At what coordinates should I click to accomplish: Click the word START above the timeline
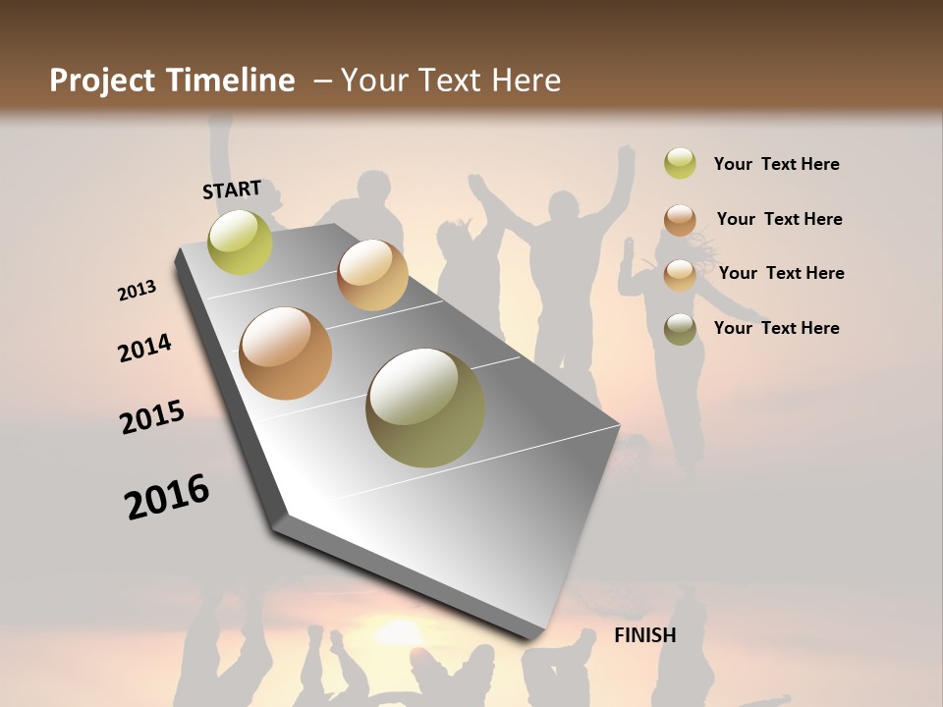[232, 190]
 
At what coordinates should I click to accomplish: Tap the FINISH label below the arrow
[644, 635]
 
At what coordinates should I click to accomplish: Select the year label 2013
[137, 291]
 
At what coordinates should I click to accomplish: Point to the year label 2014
[144, 348]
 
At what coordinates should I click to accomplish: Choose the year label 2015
[152, 416]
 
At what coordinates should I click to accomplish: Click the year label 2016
[167, 496]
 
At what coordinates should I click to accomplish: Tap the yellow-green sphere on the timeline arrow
[240, 242]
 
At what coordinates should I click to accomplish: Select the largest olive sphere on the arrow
[425, 408]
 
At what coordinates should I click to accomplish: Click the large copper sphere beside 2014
[285, 353]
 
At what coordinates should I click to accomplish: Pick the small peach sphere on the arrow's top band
[372, 275]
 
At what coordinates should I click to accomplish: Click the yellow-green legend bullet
[680, 164]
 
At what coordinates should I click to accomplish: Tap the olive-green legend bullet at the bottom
[680, 329]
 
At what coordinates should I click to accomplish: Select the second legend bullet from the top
[680, 220]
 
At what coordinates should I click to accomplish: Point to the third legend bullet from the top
[680, 275]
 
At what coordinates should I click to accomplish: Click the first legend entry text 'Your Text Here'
[776, 164]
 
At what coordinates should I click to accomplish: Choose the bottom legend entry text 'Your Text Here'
[776, 328]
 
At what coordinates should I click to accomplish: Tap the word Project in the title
[101, 81]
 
